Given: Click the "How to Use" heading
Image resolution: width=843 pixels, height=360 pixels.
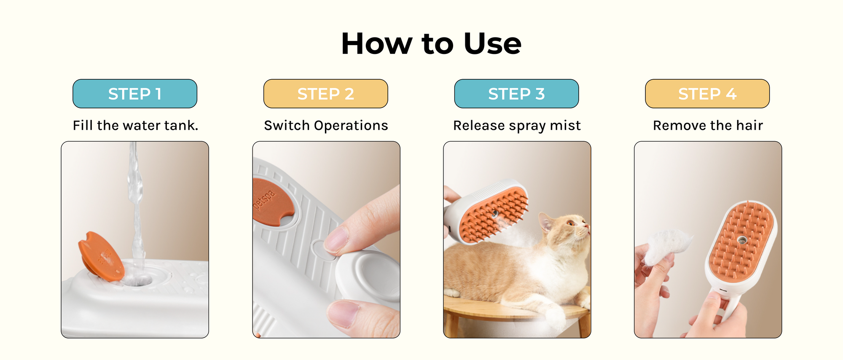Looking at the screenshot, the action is tap(431, 43).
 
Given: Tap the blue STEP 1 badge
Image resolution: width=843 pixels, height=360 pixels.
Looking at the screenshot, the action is tap(135, 94).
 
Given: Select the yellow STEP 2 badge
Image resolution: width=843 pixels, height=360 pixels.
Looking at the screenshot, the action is tap(326, 94).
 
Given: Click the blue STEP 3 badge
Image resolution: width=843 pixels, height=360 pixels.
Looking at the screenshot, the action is tap(516, 94).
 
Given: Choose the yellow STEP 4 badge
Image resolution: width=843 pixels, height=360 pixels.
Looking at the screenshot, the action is tap(707, 94).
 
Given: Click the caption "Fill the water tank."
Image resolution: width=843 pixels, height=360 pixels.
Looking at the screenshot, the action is tap(135, 125).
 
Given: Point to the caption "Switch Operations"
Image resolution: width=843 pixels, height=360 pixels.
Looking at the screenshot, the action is tap(326, 126).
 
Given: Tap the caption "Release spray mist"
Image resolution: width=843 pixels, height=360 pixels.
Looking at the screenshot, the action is tap(517, 126).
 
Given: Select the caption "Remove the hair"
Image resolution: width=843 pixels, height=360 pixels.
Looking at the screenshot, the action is tap(708, 125).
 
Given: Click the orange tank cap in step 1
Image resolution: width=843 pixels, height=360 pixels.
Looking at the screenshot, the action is tap(101, 256).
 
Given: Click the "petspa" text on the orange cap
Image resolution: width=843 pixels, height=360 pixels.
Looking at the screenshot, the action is tap(265, 200).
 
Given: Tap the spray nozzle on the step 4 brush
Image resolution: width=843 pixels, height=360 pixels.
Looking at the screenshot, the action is tap(741, 240).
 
